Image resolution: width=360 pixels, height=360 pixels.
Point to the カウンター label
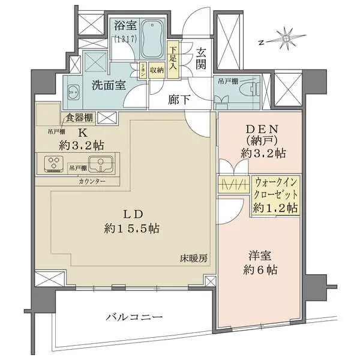[x=92, y=181]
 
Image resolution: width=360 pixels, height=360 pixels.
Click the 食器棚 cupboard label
[x=79, y=118]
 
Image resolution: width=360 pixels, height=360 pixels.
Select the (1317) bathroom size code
[x=125, y=39]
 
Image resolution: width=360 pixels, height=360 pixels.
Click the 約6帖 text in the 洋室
[x=259, y=270]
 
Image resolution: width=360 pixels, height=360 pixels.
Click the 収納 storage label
[x=157, y=70]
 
